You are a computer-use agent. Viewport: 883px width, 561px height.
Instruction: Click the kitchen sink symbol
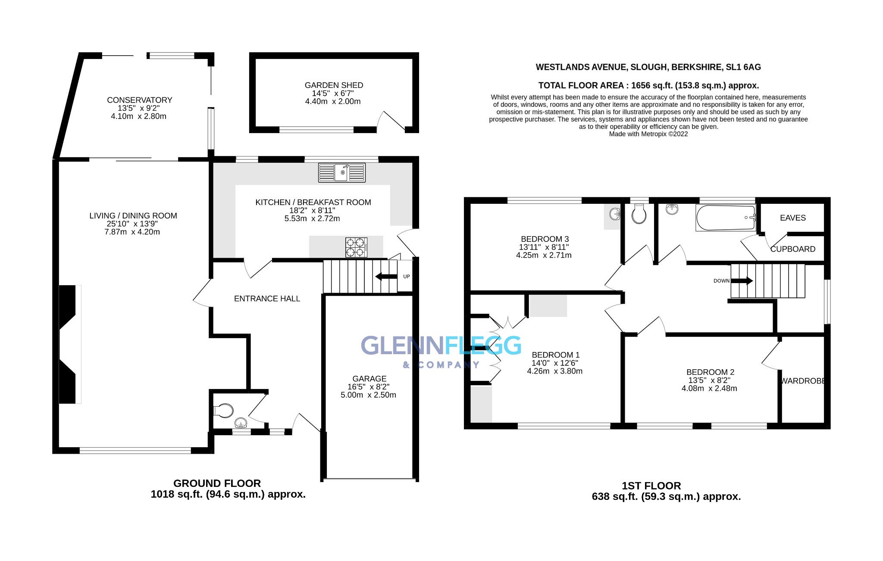click(x=341, y=172)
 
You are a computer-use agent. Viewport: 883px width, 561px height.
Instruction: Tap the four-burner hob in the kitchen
click(x=356, y=247)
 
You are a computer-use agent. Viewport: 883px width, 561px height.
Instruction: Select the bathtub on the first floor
click(x=726, y=218)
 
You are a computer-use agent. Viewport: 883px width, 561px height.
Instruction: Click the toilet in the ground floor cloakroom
click(x=222, y=411)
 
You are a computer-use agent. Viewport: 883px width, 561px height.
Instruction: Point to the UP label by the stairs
click(x=406, y=277)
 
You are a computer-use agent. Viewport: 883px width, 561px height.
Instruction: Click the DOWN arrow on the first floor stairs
click(x=742, y=281)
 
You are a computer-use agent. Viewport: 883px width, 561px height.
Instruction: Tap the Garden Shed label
click(x=334, y=85)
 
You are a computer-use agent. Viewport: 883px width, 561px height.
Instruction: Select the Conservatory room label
click(x=139, y=100)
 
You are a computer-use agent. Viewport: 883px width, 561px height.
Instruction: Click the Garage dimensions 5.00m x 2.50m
click(x=368, y=395)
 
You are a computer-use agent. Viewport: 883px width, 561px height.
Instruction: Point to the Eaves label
click(x=792, y=218)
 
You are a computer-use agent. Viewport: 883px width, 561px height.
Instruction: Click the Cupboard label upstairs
click(x=792, y=249)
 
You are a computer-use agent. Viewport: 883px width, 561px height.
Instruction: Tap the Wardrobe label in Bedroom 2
click(x=803, y=381)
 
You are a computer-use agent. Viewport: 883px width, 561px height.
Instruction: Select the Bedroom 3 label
click(x=545, y=239)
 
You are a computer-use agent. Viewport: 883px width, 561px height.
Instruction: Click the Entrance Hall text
click(x=267, y=299)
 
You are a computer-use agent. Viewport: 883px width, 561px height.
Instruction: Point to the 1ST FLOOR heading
click(x=651, y=486)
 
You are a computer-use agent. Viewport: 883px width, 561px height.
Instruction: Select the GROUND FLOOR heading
click(x=217, y=483)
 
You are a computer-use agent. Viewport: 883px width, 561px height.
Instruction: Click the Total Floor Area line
click(x=648, y=85)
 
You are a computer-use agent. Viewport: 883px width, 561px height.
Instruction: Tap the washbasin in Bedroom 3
click(x=615, y=214)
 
